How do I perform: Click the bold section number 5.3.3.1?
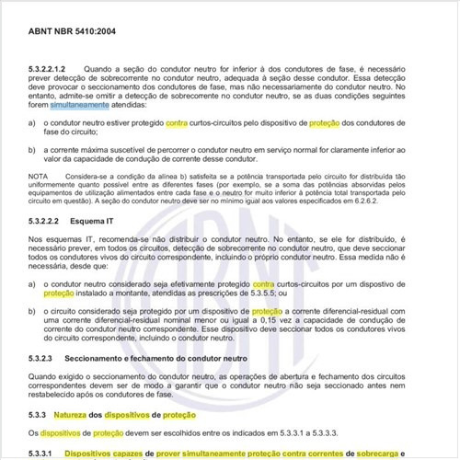(x=43, y=454)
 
